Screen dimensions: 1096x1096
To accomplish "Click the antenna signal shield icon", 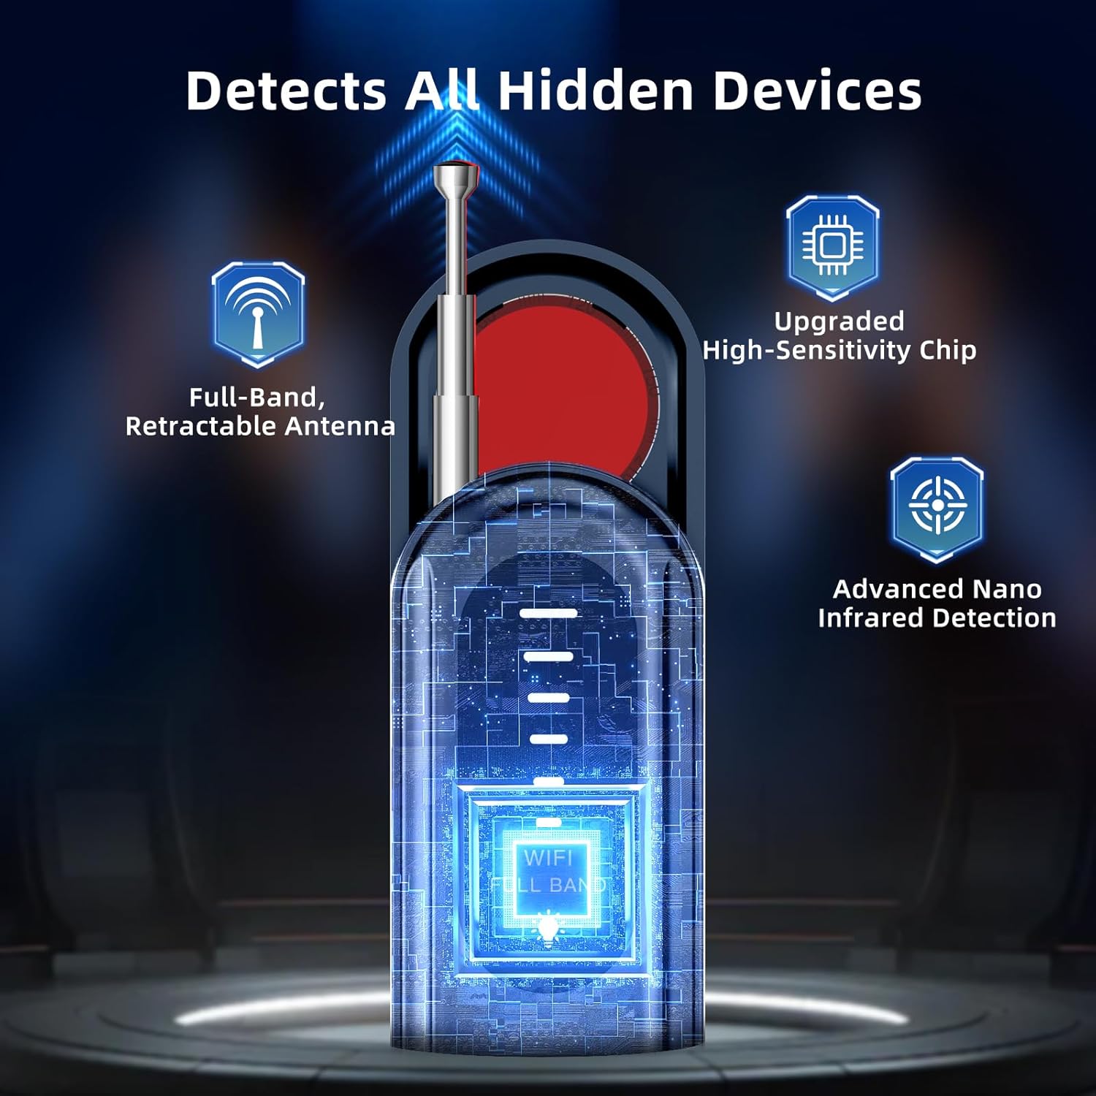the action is click(x=258, y=313).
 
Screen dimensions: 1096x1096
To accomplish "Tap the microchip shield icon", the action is click(x=832, y=246).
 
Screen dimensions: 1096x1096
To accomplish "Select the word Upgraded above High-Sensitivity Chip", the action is click(x=839, y=321).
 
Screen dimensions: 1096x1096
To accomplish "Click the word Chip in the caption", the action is click(x=948, y=350).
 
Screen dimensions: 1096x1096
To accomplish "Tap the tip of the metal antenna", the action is click(x=454, y=175).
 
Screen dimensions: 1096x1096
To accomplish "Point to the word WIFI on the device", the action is click(x=547, y=858).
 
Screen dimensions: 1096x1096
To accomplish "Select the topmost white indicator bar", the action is click(x=548, y=613).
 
